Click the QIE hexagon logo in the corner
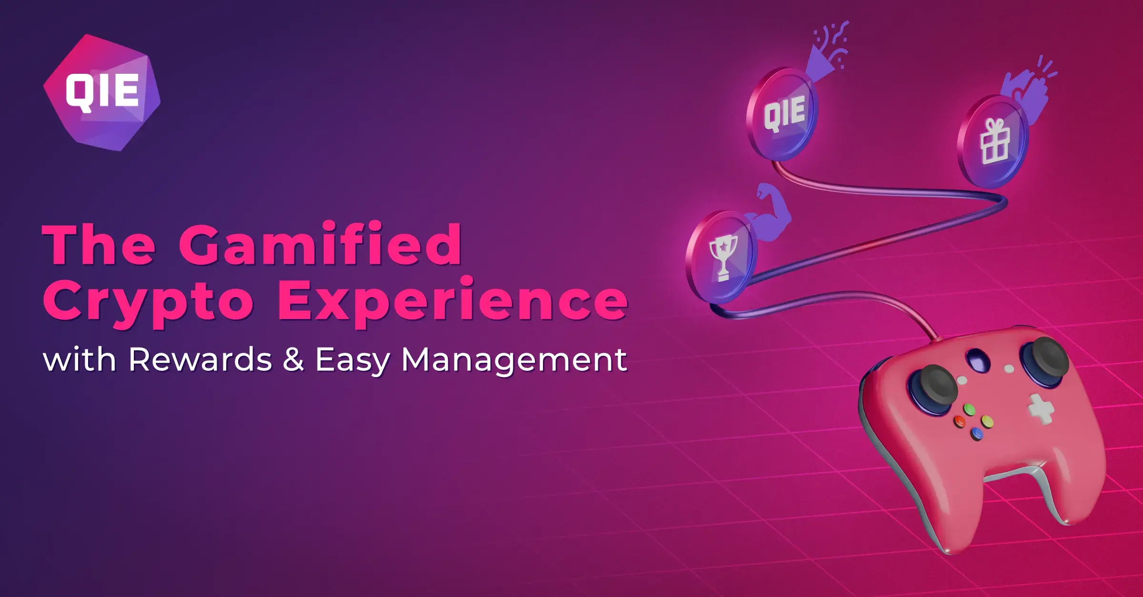tap(102, 92)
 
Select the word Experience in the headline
tap(453, 301)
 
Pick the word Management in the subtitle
tap(514, 360)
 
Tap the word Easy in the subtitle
tap(352, 360)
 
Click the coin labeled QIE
tap(782, 114)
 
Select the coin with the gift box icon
tap(993, 142)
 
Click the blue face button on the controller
tap(977, 433)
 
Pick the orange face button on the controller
tap(959, 421)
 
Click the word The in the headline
tap(99, 244)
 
